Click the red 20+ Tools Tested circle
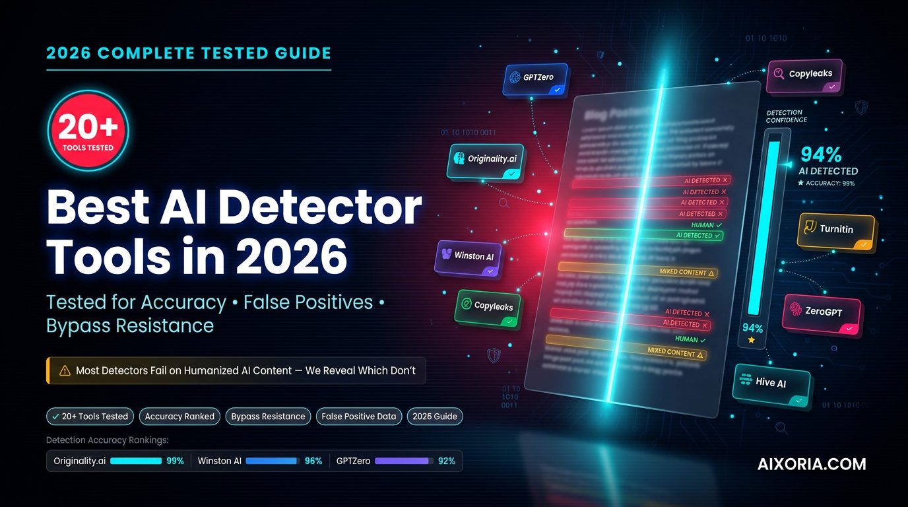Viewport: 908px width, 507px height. (88, 131)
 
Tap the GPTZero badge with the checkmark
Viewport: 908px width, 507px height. (536, 80)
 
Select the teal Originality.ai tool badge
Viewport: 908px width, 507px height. (486, 161)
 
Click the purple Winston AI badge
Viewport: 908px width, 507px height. (468, 257)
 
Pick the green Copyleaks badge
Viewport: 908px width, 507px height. (488, 308)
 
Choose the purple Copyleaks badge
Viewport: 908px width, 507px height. (804, 76)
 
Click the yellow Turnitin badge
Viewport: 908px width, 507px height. (835, 231)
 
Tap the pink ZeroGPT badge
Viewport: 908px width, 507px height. (822, 314)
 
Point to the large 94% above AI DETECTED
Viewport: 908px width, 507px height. (821, 154)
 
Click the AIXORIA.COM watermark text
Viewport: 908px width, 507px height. (812, 464)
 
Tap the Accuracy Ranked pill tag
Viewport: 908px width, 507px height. (179, 417)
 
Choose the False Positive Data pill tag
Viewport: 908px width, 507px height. (358, 417)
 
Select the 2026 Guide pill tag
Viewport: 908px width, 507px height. (434, 417)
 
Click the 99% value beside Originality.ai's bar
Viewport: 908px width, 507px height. (175, 461)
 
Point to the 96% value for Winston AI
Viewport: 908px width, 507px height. (313, 461)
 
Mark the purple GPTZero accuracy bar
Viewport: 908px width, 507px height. (402, 461)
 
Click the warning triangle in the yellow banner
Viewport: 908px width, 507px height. (65, 370)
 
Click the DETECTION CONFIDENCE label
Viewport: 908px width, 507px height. (787, 116)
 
